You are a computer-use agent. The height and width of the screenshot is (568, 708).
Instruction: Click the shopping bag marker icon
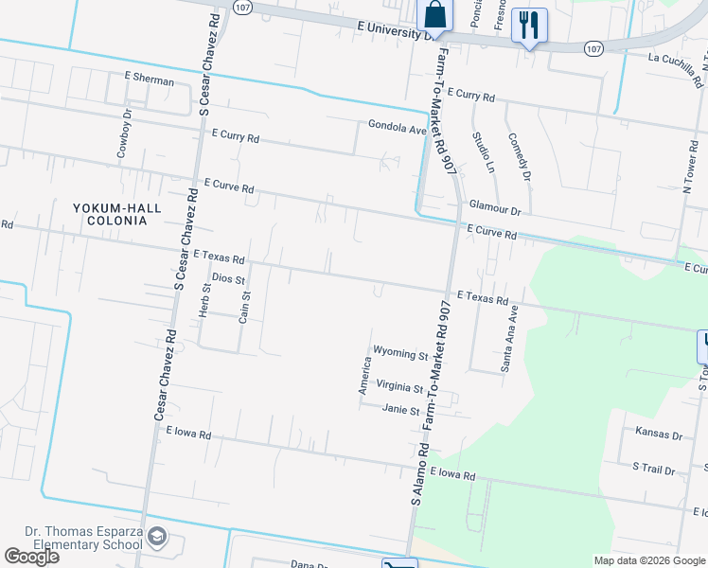434,15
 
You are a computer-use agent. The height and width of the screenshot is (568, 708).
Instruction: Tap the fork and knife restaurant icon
528,25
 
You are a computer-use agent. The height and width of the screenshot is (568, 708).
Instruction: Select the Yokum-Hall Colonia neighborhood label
117,214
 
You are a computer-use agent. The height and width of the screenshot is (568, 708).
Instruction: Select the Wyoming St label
400,354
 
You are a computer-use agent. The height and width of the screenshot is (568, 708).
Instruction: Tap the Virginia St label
398,388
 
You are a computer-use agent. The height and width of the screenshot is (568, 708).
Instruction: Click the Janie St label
400,410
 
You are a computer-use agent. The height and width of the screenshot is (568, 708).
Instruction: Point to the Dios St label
228,279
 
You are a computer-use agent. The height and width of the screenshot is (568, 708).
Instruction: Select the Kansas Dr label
659,435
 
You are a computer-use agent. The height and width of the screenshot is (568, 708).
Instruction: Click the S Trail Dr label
654,470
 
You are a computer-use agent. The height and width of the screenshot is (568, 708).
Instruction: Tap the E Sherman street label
150,81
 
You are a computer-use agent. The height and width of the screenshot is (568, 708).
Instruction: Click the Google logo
31,557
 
